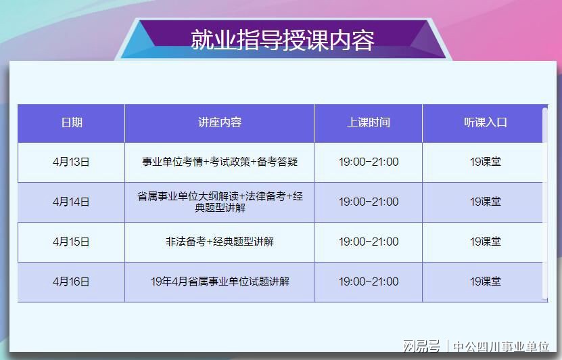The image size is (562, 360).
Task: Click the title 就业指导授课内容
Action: (x=283, y=40)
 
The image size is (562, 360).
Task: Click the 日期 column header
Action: (x=72, y=122)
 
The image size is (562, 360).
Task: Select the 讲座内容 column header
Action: (x=220, y=122)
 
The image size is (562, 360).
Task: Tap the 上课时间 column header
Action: (x=369, y=122)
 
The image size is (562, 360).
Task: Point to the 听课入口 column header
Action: (x=486, y=122)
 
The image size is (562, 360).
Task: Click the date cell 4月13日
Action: (x=71, y=162)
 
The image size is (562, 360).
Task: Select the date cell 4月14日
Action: (x=71, y=202)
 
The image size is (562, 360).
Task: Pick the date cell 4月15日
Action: (x=71, y=242)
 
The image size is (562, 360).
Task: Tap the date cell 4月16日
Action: (x=71, y=282)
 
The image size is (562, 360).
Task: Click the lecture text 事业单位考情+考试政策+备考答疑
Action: (x=220, y=162)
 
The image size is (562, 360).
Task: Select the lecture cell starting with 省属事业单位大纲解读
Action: (x=220, y=202)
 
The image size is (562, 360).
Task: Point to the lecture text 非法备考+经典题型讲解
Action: (x=220, y=242)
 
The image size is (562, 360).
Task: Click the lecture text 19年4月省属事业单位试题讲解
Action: (x=220, y=282)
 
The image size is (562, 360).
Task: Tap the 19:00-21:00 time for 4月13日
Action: (x=369, y=162)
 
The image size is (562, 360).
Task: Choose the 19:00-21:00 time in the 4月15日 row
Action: (x=369, y=242)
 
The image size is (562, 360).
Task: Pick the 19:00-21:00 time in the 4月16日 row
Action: (x=369, y=282)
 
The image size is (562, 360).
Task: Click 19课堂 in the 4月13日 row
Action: (x=486, y=162)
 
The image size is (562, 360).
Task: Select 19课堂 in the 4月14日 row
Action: (x=486, y=202)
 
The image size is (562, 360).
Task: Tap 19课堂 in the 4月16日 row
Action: (x=486, y=282)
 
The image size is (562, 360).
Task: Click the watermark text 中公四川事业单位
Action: (x=501, y=346)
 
